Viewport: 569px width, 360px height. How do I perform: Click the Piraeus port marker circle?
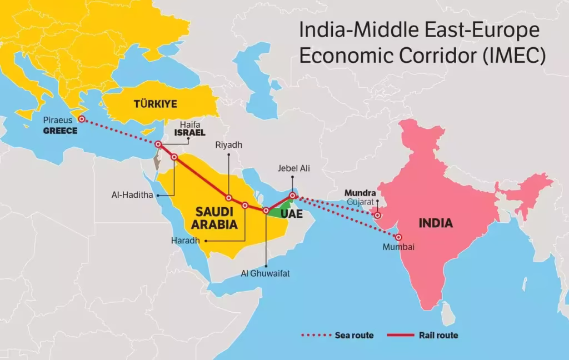pyautogui.click(x=81, y=119)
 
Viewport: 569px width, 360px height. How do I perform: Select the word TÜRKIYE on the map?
pyautogui.click(x=155, y=104)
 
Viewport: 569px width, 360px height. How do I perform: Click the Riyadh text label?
pyautogui.click(x=229, y=145)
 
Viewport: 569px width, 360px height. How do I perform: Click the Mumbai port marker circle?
pyautogui.click(x=398, y=237)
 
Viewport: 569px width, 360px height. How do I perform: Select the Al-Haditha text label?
pyautogui.click(x=132, y=196)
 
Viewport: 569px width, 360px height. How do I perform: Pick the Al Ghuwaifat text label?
pyautogui.click(x=266, y=273)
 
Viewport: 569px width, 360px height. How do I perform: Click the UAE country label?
pyautogui.click(x=292, y=213)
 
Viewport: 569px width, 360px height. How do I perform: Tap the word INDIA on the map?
pyautogui.click(x=436, y=223)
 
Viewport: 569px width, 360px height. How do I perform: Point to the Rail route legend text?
pyautogui.click(x=440, y=335)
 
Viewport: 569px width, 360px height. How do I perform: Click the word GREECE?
pyautogui.click(x=61, y=131)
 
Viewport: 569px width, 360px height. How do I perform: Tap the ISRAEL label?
pyautogui.click(x=189, y=133)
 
